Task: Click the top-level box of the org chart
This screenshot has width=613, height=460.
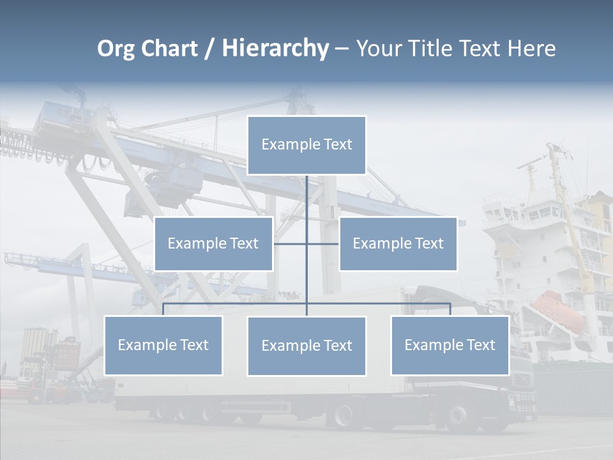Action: [x=306, y=145]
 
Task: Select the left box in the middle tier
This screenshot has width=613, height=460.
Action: [x=213, y=243]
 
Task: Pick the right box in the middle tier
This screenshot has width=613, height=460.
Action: [x=398, y=243]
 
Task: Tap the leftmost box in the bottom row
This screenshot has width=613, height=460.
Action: [x=163, y=345]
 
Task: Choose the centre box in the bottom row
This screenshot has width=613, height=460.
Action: [x=306, y=346]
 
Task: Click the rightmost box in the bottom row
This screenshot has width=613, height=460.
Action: [x=450, y=345]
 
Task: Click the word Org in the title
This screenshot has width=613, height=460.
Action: [x=116, y=49]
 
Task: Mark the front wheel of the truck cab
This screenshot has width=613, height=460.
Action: [x=458, y=417]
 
